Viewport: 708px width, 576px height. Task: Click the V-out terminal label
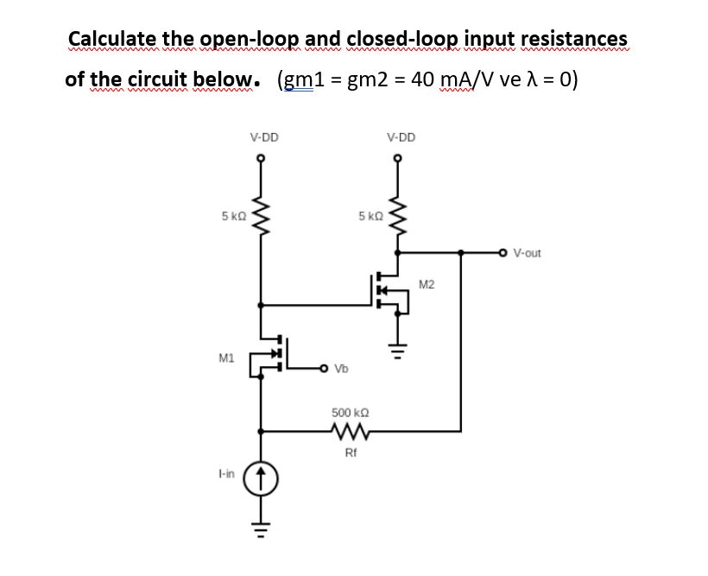coord(526,253)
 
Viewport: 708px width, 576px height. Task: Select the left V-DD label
coord(263,136)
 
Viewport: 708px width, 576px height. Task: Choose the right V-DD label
coord(401,136)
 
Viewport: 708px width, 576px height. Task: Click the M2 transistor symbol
coord(389,291)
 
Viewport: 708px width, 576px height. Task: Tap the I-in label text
coord(226,474)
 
